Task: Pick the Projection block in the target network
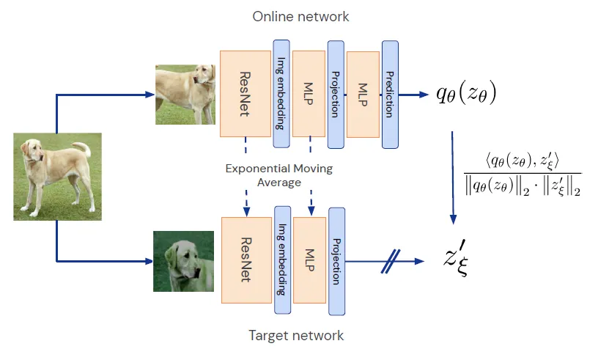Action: pyautogui.click(x=336, y=260)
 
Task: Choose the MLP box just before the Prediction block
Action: pyautogui.click(x=363, y=94)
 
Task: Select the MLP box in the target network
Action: pyautogui.click(x=309, y=260)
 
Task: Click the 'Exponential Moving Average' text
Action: pyautogui.click(x=278, y=175)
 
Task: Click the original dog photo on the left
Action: pyautogui.click(x=57, y=176)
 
